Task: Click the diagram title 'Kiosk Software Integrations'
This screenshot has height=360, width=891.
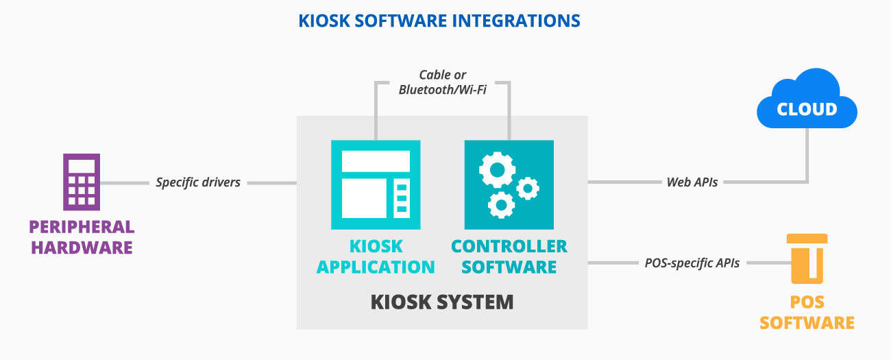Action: pyautogui.click(x=439, y=21)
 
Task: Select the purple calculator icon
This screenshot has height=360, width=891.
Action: pyautogui.click(x=82, y=182)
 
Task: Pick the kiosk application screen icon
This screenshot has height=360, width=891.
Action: pyautogui.click(x=376, y=184)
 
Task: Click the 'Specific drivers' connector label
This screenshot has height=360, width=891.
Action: pyautogui.click(x=198, y=182)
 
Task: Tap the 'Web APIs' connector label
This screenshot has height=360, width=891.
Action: pyautogui.click(x=692, y=182)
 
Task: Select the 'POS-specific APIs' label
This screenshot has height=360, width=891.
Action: pyautogui.click(x=692, y=263)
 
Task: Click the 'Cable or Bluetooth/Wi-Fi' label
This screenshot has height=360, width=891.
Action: pyautogui.click(x=443, y=82)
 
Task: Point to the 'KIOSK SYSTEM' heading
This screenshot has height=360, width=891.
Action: pyautogui.click(x=442, y=302)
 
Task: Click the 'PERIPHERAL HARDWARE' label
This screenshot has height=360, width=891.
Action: pyautogui.click(x=82, y=237)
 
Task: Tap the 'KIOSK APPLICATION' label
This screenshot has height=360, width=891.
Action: pyautogui.click(x=376, y=256)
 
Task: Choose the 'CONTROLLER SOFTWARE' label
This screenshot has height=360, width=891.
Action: pyautogui.click(x=509, y=256)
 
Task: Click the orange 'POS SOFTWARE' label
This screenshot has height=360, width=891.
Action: pyautogui.click(x=807, y=313)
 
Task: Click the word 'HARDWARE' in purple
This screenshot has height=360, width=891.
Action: pyautogui.click(x=82, y=247)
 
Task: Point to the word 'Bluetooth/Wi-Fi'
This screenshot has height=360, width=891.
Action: pyautogui.click(x=443, y=90)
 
